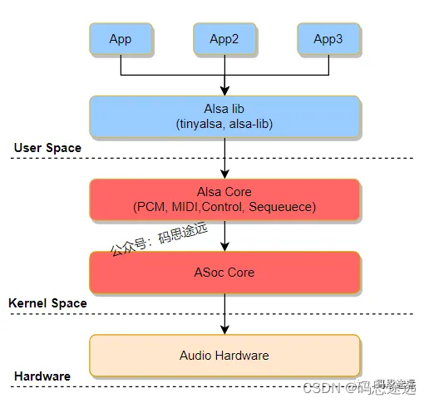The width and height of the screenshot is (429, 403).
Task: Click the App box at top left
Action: (x=121, y=39)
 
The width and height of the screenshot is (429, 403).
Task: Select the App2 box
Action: (x=224, y=39)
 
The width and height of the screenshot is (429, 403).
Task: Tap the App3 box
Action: (x=328, y=39)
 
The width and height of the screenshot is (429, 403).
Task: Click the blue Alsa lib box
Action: (x=224, y=116)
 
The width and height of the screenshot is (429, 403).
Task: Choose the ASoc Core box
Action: (x=224, y=272)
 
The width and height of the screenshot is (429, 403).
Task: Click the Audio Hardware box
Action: (x=224, y=355)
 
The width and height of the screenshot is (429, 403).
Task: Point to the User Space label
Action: (x=47, y=148)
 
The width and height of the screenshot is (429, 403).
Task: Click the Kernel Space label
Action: (x=47, y=303)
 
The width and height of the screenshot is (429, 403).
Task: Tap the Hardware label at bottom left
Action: (x=42, y=376)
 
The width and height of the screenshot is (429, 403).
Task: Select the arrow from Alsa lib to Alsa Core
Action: (x=224, y=158)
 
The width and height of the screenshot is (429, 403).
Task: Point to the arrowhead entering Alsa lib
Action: (x=224, y=91)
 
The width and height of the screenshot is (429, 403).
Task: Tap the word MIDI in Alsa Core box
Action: (x=194, y=206)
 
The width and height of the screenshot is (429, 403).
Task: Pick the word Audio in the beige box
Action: (x=195, y=355)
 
